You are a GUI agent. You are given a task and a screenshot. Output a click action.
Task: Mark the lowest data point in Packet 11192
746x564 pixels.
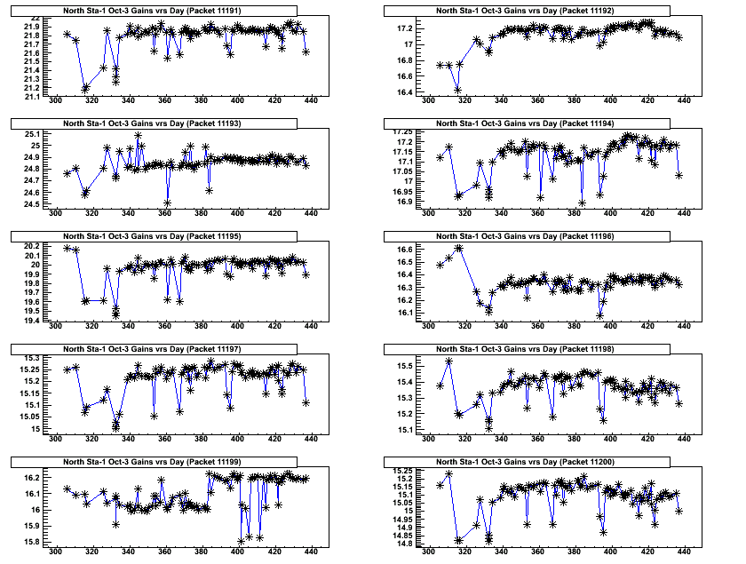click(x=458, y=89)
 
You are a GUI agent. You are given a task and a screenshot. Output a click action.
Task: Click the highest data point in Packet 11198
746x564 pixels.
click(x=448, y=361)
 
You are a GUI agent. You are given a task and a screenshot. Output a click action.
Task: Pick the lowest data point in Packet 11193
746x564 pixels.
click(x=167, y=203)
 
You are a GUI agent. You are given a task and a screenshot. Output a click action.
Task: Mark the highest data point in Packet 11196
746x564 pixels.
click(x=458, y=248)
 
